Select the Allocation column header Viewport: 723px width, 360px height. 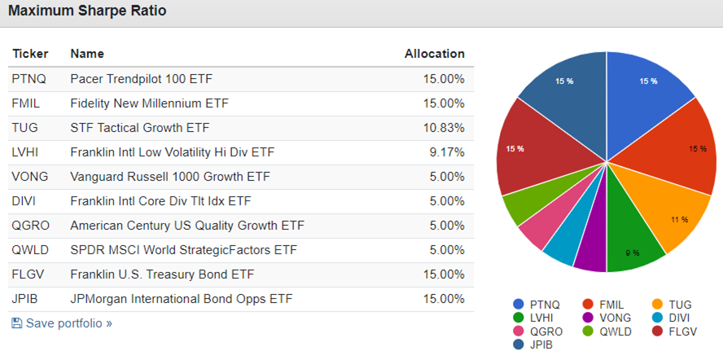point(434,54)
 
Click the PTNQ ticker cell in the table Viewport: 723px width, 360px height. point(27,79)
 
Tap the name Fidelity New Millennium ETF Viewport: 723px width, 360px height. point(149,103)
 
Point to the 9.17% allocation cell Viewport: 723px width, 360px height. point(447,152)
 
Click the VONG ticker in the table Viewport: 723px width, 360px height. point(28,177)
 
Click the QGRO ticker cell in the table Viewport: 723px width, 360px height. point(29,226)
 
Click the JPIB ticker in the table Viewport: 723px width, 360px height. point(25,299)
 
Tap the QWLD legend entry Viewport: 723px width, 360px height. point(606,331)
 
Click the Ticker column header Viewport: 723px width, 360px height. point(30,54)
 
